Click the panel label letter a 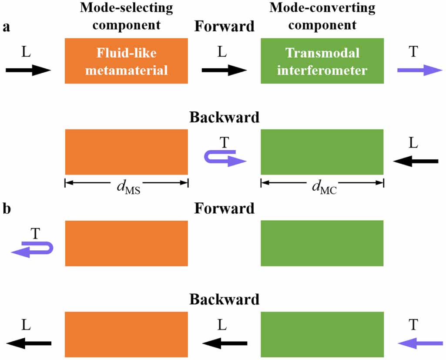pos(6,27)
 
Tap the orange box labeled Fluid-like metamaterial pos(126,61)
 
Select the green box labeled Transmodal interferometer pos(322,61)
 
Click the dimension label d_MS pos(126,188)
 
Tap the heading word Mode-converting pos(322,8)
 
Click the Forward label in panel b pos(224,208)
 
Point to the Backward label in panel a pos(224,118)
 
